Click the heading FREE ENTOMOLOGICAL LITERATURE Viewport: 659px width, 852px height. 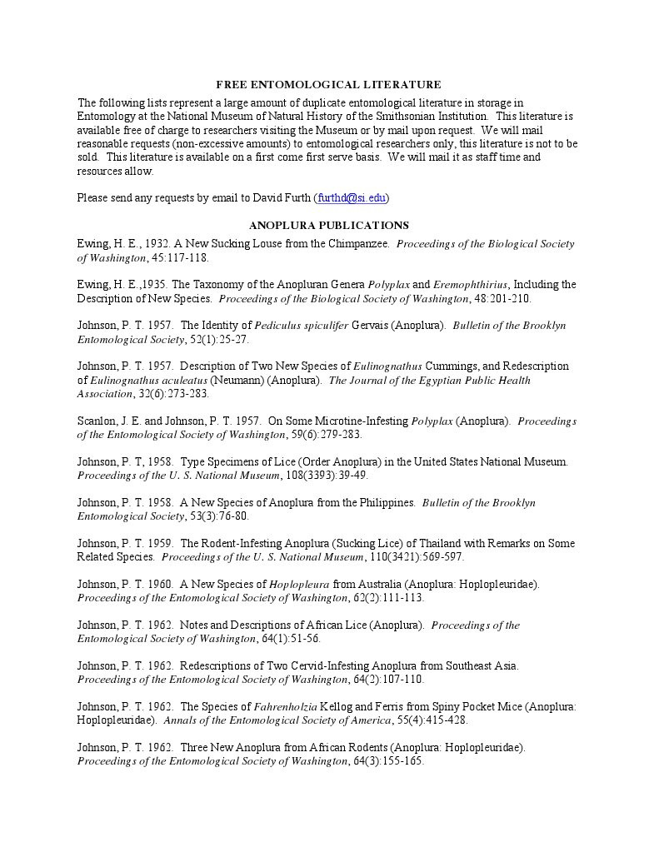(x=328, y=84)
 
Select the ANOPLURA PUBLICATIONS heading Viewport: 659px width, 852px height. (x=328, y=225)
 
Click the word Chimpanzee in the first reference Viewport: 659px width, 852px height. (x=359, y=244)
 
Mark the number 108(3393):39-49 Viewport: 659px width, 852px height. (x=327, y=475)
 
